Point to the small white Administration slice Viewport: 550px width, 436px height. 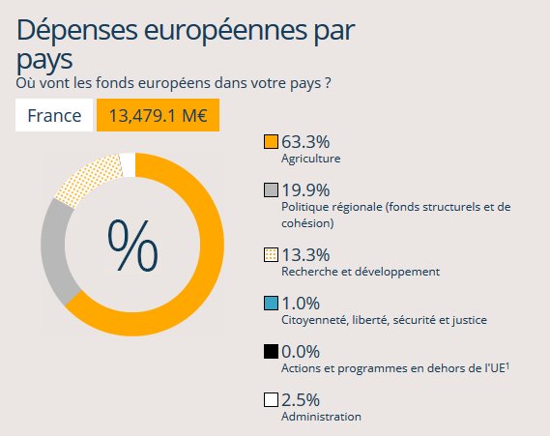[128, 165]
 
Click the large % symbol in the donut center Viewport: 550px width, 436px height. [132, 246]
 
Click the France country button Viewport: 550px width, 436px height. [54, 116]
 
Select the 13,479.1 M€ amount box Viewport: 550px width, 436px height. [158, 116]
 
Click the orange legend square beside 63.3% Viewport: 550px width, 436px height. [271, 142]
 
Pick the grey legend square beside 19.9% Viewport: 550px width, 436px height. [271, 189]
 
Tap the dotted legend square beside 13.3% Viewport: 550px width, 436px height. [271, 255]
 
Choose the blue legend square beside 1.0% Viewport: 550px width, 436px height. [271, 304]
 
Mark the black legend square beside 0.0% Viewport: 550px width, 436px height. [271, 351]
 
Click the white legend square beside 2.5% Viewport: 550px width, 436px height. [271, 399]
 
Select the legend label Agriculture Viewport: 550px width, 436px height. [310, 159]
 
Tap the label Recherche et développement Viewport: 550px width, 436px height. [360, 272]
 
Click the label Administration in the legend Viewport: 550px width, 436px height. [321, 417]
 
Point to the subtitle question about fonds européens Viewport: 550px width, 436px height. [175, 83]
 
